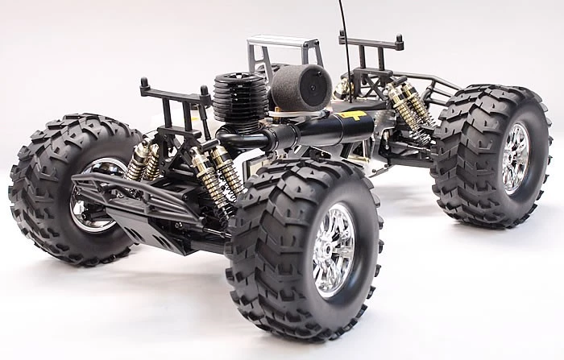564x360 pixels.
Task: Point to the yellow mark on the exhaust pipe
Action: tap(352, 118)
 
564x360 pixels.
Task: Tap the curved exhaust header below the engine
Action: tap(238, 140)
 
